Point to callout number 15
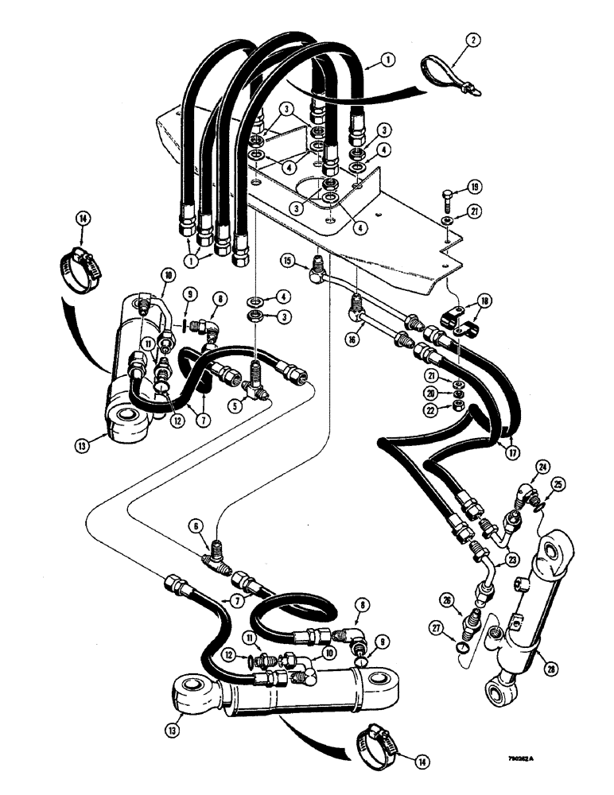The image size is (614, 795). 287,260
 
